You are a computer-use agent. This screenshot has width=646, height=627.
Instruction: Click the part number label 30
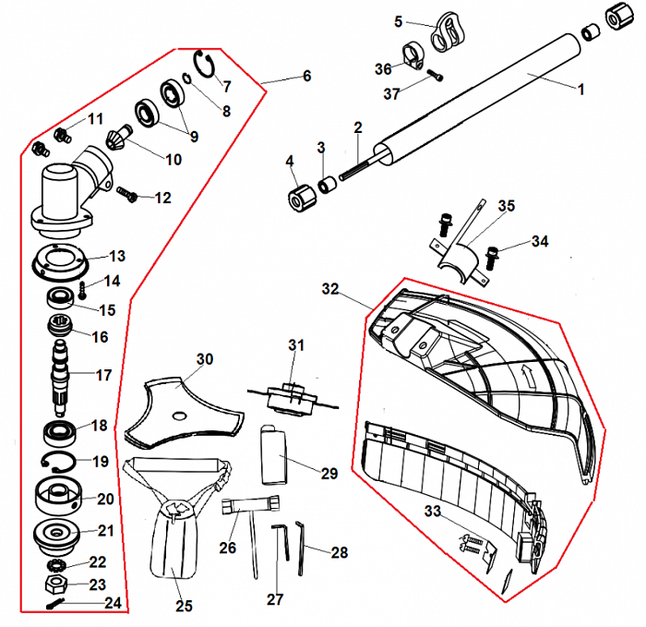205,358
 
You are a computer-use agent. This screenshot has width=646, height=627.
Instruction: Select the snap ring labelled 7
205,66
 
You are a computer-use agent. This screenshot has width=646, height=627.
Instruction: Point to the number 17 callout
103,376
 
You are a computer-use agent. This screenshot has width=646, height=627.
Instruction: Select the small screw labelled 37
436,76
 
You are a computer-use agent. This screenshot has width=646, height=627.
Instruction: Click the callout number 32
330,289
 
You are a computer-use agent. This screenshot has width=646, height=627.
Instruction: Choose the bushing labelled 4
294,198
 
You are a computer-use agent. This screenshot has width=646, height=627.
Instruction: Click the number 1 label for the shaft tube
580,90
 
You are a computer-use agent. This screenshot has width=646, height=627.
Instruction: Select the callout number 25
184,606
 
